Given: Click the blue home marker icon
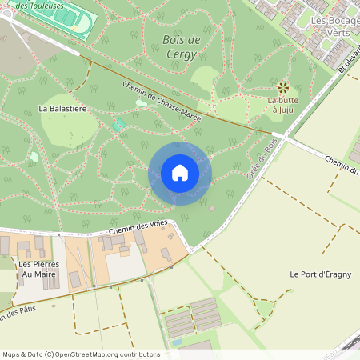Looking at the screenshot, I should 180,173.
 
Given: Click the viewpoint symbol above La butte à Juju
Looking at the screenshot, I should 282,86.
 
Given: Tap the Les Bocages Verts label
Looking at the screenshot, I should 330,26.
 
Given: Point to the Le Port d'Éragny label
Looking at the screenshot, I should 320,275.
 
